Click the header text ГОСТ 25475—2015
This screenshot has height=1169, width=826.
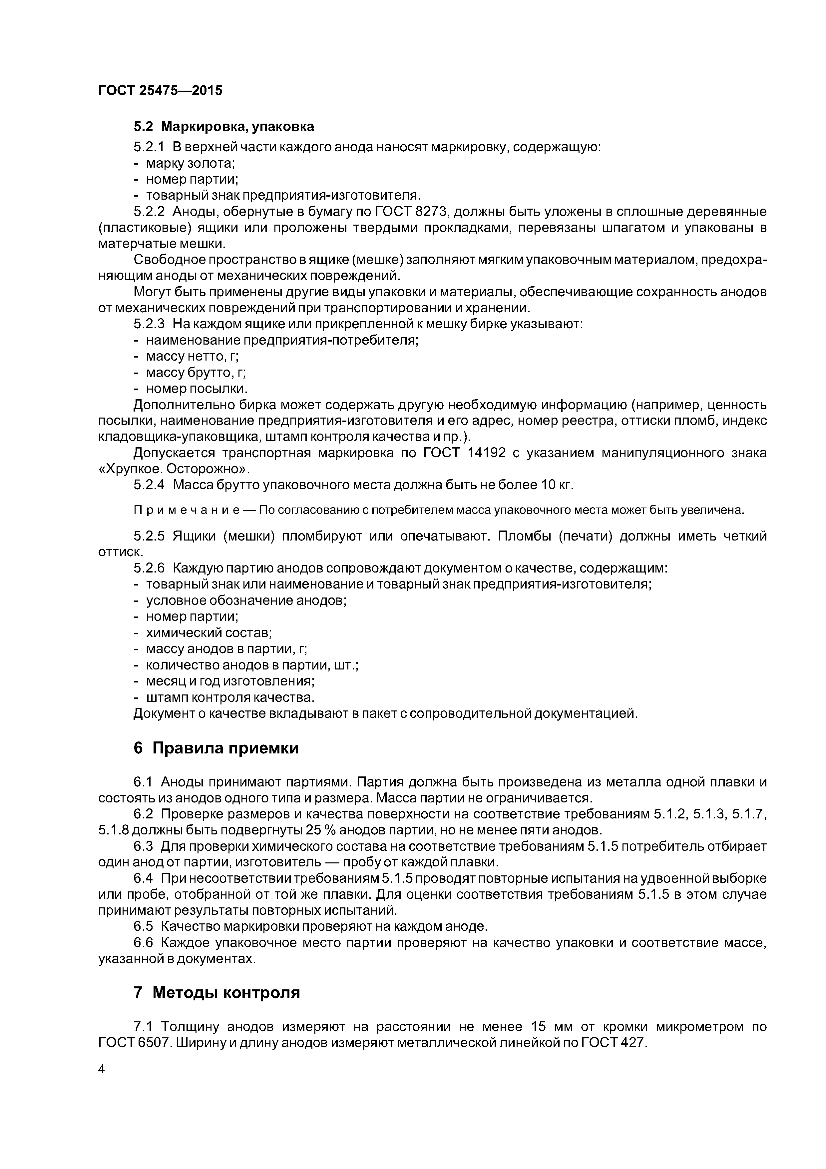[160, 91]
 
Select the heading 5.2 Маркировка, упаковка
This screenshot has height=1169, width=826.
[224, 126]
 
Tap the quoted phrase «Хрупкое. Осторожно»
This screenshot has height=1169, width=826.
[174, 469]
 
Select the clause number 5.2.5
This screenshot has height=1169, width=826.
[149, 536]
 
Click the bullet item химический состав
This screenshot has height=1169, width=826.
[208, 633]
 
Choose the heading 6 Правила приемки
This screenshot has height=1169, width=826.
[216, 748]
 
